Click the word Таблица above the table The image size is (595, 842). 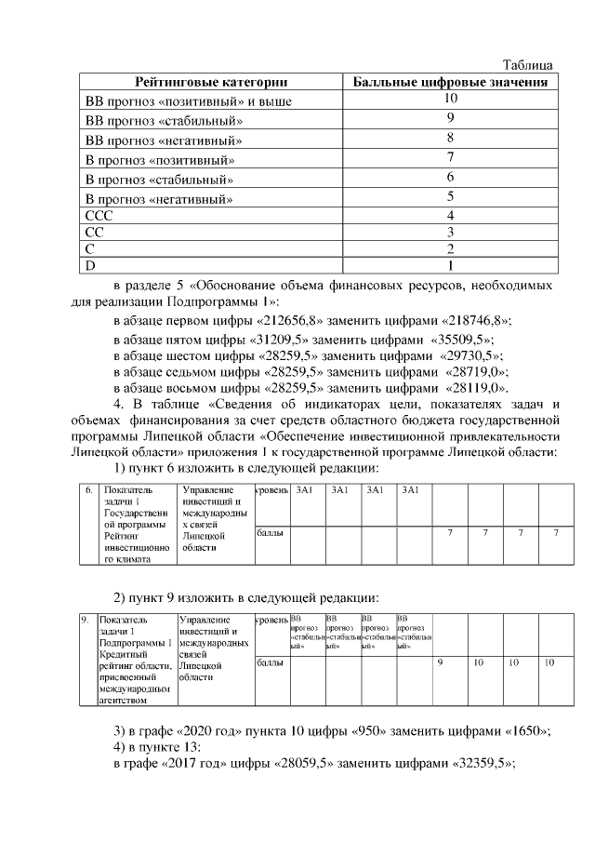(527, 65)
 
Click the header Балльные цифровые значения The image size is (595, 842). (450, 82)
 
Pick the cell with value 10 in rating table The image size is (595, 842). (450, 99)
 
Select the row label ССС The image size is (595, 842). (99, 216)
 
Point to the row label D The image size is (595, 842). (91, 266)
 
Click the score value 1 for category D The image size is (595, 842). (450, 266)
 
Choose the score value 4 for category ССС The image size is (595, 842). (450, 216)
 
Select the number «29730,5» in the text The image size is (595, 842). (469, 354)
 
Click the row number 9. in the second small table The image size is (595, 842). (84, 619)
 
